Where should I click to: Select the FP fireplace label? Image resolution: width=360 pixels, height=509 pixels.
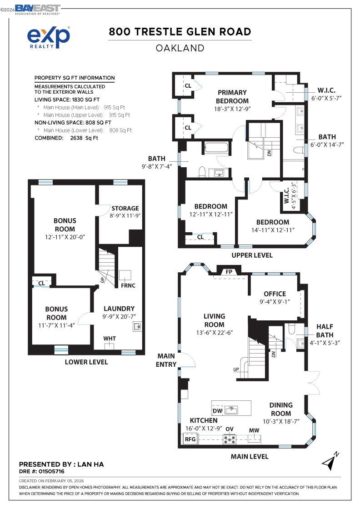[229, 272]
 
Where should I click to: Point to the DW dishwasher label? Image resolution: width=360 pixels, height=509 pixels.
[218, 411]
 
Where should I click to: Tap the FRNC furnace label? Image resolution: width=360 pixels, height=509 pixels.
[128, 285]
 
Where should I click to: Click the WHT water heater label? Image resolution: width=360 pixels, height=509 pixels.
[109, 339]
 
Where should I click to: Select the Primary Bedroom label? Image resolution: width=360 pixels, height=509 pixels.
[232, 96]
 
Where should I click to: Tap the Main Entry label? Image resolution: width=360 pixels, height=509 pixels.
[166, 359]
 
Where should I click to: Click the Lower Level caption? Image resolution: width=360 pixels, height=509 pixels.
[86, 362]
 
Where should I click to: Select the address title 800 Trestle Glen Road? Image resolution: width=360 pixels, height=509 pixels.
[180, 32]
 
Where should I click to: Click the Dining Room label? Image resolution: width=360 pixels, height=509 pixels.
[281, 409]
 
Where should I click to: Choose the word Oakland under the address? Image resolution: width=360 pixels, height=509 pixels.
[180, 48]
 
